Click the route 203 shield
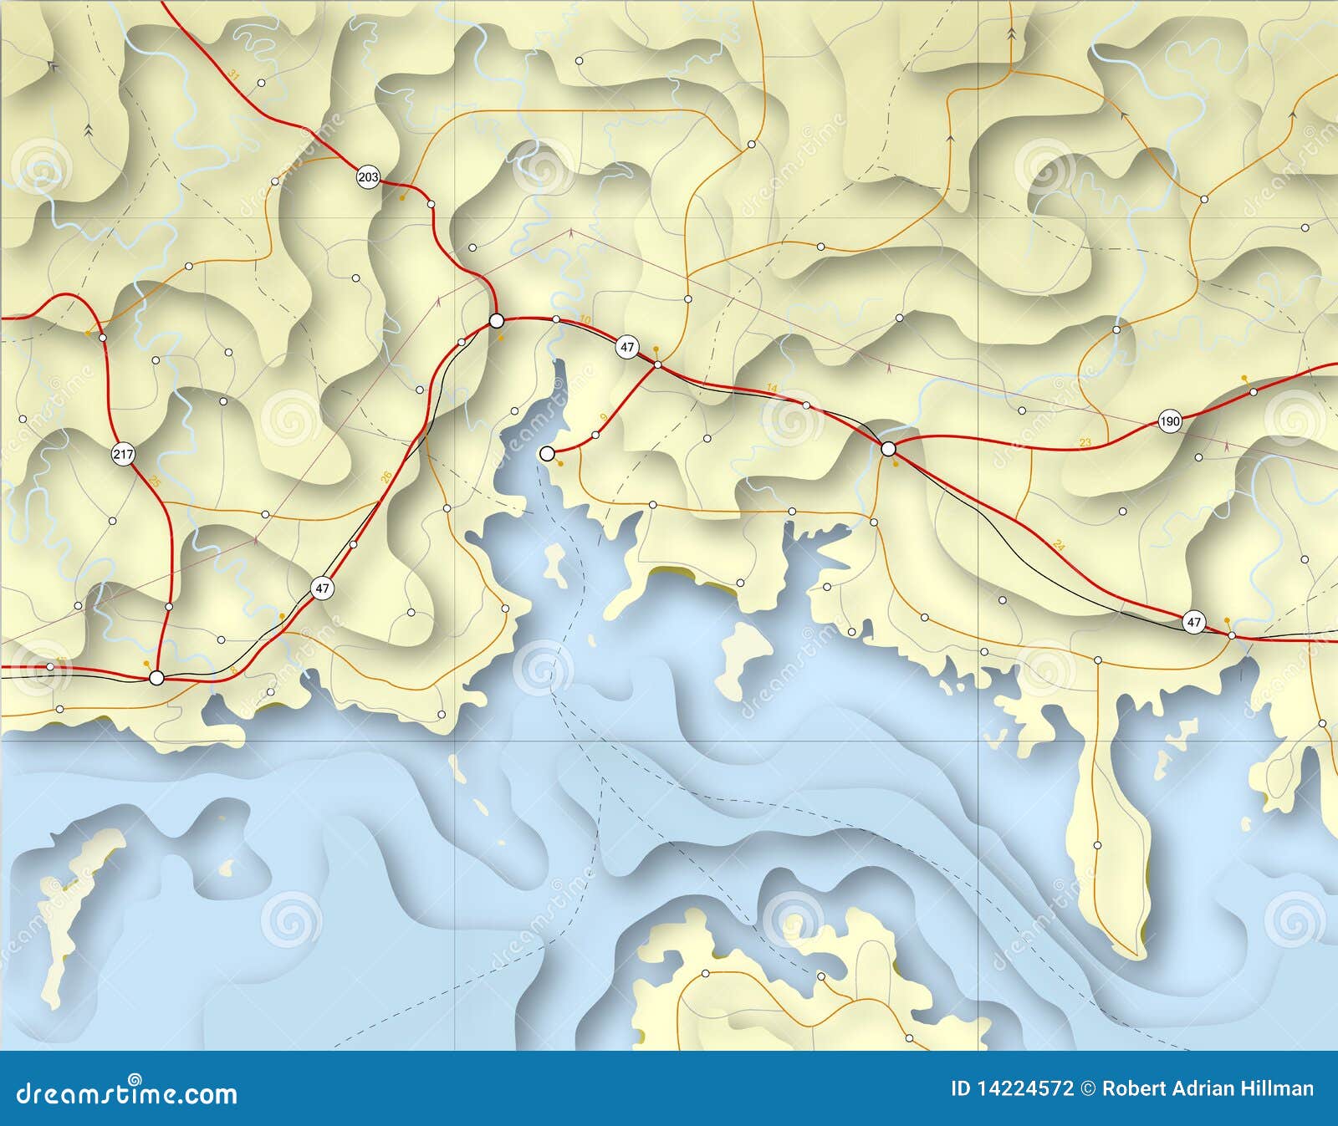click(368, 177)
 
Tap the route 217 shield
click(123, 455)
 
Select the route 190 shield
click(1170, 421)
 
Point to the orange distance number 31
click(234, 76)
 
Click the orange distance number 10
click(585, 320)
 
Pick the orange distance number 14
click(772, 388)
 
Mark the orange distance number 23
click(1085, 442)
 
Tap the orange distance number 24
click(1060, 545)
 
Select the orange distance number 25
click(154, 481)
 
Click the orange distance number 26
click(386, 477)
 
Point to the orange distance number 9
click(603, 417)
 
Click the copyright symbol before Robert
click(1088, 1088)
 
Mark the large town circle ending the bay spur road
click(547, 454)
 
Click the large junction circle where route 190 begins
click(889, 449)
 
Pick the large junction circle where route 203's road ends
click(496, 320)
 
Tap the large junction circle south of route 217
click(156, 678)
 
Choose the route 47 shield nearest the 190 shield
click(1193, 622)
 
